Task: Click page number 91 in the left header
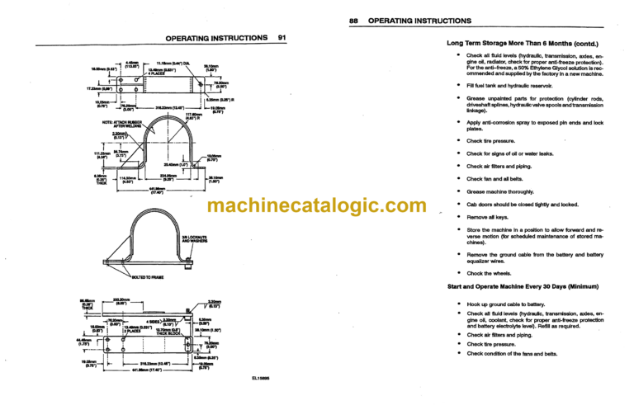click(x=281, y=38)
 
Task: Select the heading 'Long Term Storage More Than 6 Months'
click(x=522, y=43)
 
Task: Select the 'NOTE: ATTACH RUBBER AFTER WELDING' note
click(x=111, y=126)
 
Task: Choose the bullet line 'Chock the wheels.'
click(x=490, y=272)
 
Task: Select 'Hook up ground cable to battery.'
click(x=505, y=304)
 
